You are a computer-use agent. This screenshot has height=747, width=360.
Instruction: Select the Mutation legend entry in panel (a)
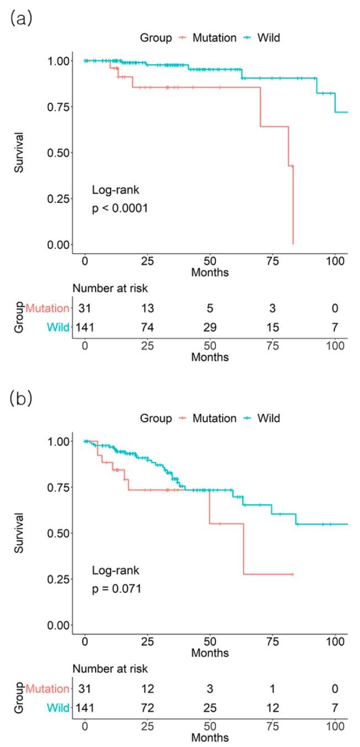click(214, 38)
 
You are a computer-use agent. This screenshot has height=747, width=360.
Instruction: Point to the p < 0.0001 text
click(120, 208)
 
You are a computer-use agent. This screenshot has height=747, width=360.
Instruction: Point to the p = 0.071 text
click(116, 589)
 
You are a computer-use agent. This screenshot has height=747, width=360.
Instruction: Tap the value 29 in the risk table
click(210, 328)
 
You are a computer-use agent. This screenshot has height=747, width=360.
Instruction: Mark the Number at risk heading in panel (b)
click(110, 669)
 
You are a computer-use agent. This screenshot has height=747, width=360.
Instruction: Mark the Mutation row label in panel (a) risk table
click(47, 308)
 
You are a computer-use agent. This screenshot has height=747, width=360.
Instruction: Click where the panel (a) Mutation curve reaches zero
click(293, 244)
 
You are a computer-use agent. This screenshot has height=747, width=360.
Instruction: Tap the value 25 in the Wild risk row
click(210, 708)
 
